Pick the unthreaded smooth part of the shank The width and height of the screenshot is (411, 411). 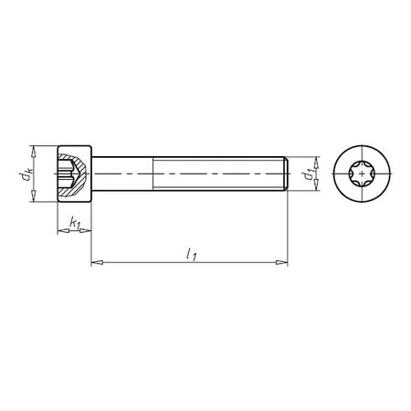pyautogui.click(x=126, y=173)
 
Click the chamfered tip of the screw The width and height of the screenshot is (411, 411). pyautogui.click(x=288, y=173)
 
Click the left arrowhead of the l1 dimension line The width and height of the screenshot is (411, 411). pyautogui.click(x=96, y=264)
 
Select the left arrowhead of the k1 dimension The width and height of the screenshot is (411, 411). pyautogui.click(x=60, y=232)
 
